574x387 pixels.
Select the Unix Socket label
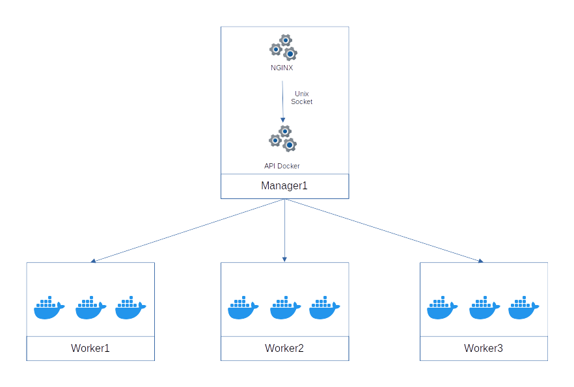pos(301,98)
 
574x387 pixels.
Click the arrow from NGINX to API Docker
pos(282,101)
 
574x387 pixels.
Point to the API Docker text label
pos(282,166)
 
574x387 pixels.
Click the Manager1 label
pos(284,186)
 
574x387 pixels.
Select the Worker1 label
pos(90,348)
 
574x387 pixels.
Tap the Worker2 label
pos(284,348)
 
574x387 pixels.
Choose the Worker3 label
pos(484,348)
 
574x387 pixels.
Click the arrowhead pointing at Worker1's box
pos(94,261)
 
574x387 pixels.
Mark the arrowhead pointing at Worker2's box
pos(285,259)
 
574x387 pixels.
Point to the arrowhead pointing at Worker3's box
pos(480,261)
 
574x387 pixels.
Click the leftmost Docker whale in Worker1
pos(49,308)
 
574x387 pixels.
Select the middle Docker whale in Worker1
pos(90,308)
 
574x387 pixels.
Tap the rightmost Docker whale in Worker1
pos(131,308)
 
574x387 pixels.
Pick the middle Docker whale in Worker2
pos(284,308)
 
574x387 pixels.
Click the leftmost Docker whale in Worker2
pos(243,308)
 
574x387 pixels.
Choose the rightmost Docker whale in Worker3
pos(524,308)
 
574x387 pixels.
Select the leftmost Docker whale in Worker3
pos(443,308)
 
